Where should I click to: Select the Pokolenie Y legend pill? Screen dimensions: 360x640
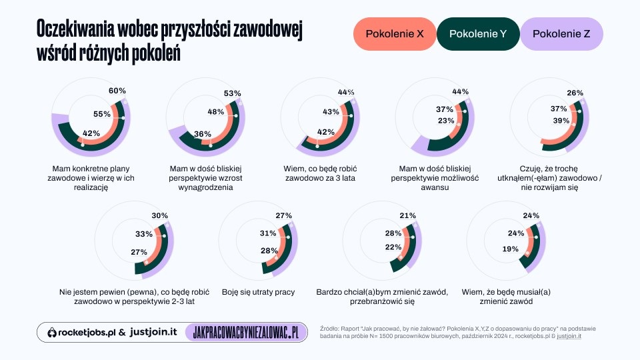(477, 34)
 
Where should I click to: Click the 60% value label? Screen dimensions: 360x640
(117, 91)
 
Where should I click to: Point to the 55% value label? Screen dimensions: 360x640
(101, 114)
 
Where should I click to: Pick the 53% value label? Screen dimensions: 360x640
(232, 93)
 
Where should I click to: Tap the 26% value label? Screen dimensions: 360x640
(575, 93)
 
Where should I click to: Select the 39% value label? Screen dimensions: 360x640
(561, 121)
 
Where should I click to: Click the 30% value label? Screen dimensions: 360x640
(159, 216)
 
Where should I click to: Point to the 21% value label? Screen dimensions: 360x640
(407, 216)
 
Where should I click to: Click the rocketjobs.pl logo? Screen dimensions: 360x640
(81, 332)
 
